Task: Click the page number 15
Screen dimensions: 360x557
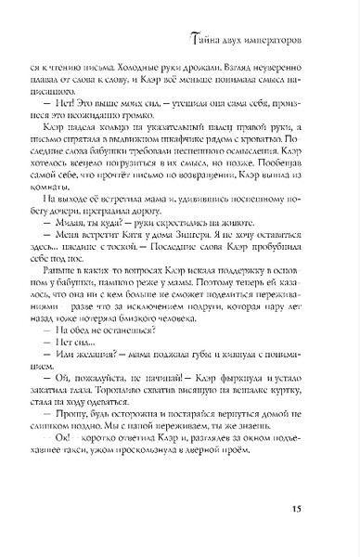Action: (x=320, y=508)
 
